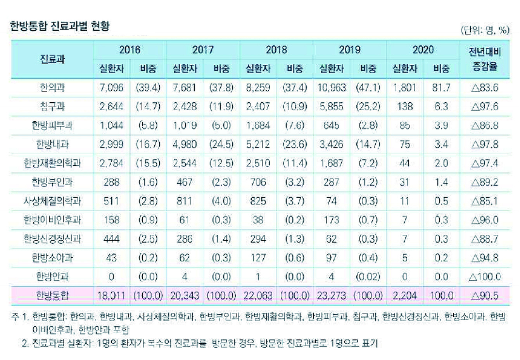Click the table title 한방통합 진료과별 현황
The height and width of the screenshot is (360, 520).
[x=60, y=26]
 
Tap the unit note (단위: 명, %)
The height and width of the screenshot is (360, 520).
[x=484, y=30]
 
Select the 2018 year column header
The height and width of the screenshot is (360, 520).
[x=276, y=50]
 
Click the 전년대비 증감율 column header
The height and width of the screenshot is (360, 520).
[x=485, y=59]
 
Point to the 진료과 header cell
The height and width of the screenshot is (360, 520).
[x=52, y=59]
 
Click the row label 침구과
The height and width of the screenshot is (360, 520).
[x=52, y=107]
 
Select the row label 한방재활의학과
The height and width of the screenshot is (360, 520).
[x=52, y=163]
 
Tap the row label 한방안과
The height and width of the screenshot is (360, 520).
[x=52, y=277]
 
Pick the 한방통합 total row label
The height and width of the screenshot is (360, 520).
[x=52, y=296]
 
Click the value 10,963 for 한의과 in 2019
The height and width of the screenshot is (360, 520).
[x=331, y=88]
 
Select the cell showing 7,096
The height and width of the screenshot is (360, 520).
[x=111, y=88]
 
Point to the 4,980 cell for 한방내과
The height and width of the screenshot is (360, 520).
[x=185, y=144]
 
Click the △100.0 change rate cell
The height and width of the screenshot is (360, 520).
[x=485, y=277]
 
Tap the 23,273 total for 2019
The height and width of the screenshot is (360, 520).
[x=331, y=296]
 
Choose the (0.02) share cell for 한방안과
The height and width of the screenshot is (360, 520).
[x=368, y=277]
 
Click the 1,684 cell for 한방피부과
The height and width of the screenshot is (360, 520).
[x=258, y=126]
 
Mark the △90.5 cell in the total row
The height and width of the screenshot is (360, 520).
[x=485, y=296]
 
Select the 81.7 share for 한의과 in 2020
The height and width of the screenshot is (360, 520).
[x=441, y=88]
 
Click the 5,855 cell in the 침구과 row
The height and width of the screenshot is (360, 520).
[x=331, y=107]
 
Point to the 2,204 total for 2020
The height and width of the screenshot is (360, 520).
[x=404, y=296]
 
